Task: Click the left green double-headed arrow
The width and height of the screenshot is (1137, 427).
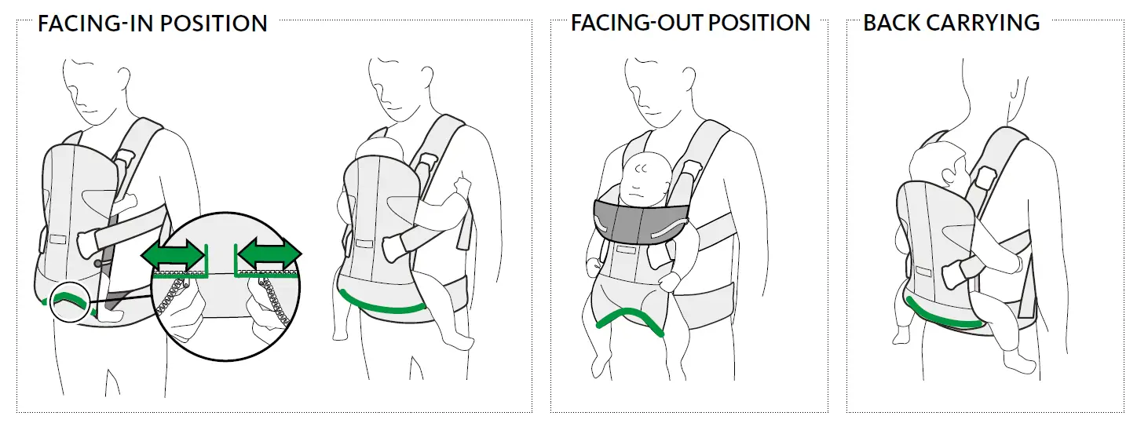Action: (x=172, y=255)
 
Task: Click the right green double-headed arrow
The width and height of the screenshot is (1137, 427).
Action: (x=269, y=255)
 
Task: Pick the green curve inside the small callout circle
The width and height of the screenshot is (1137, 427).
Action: (x=68, y=299)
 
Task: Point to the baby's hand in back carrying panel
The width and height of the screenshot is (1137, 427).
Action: (x=952, y=274)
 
